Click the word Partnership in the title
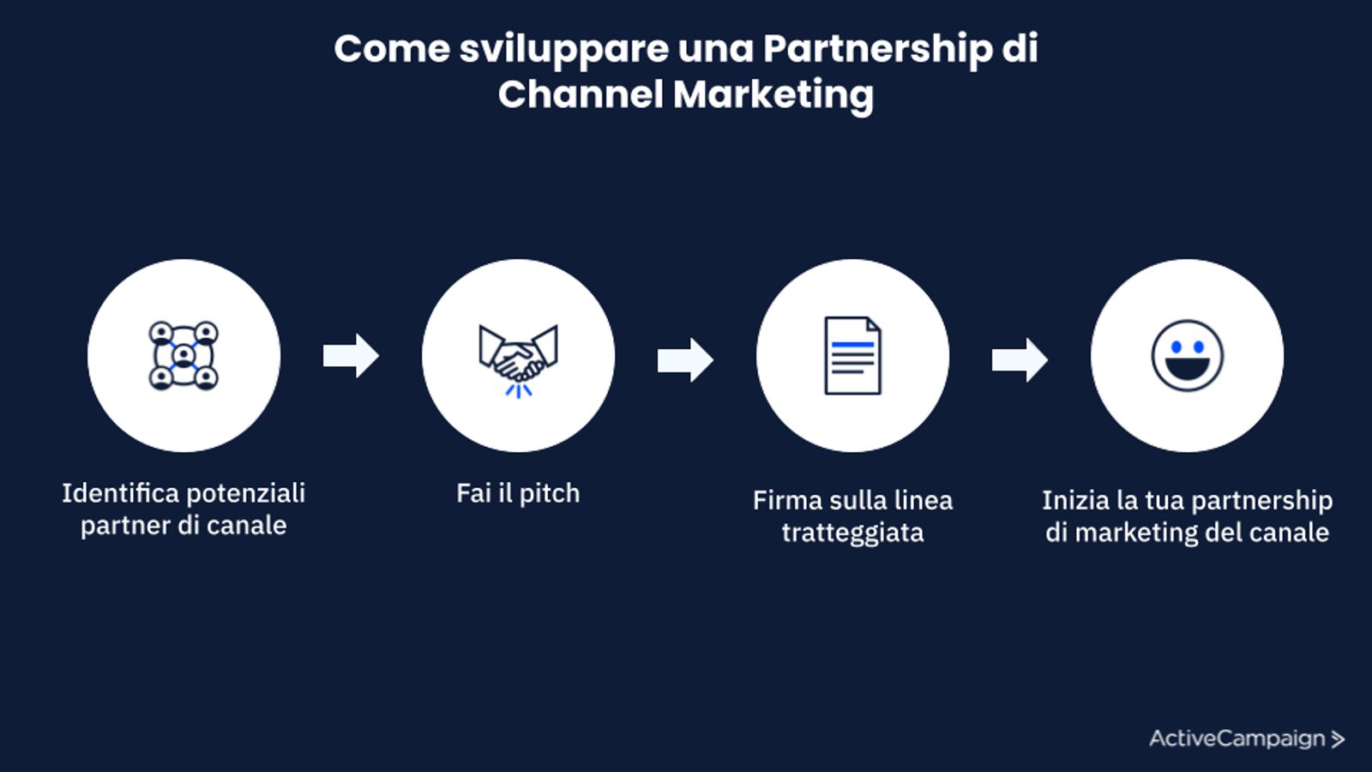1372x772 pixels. click(877, 50)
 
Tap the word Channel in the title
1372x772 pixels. click(580, 94)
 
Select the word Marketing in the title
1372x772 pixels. click(773, 94)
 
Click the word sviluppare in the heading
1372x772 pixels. click(563, 50)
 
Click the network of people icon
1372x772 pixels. click(184, 356)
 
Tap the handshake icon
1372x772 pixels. click(518, 359)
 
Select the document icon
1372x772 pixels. click(852, 356)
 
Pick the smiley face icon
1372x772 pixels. click(1187, 356)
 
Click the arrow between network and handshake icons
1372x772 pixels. click(351, 356)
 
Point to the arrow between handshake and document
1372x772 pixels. click(685, 359)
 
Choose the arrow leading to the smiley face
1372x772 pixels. click(1020, 359)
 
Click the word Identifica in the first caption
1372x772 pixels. click(120, 493)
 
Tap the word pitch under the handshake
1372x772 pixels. click(550, 494)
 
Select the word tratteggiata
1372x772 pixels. click(852, 533)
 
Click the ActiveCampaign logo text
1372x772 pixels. click(1237, 739)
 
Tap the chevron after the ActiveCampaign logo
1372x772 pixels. click(1338, 739)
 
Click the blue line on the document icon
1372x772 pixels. click(852, 345)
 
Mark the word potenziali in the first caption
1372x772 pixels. click(245, 493)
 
